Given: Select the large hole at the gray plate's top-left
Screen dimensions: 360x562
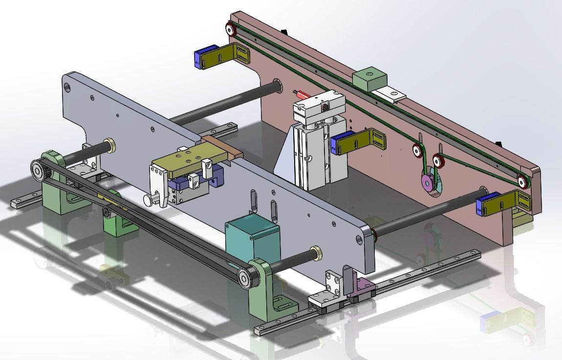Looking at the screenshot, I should pyautogui.click(x=67, y=87).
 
